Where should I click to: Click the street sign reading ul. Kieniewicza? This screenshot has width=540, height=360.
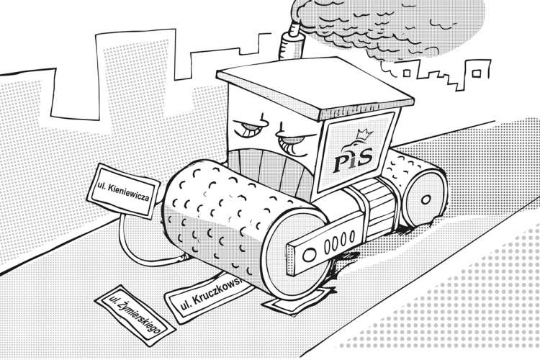click(123, 190)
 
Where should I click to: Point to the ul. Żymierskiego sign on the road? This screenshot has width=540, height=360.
click(135, 315)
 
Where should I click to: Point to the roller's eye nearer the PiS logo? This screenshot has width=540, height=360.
click(295, 142)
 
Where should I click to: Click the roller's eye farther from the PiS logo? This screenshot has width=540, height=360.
click(251, 128)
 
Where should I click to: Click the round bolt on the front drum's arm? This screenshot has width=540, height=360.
click(309, 255)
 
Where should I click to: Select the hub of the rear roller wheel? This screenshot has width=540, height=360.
click(426, 199)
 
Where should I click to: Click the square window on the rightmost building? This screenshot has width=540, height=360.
click(477, 73)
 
